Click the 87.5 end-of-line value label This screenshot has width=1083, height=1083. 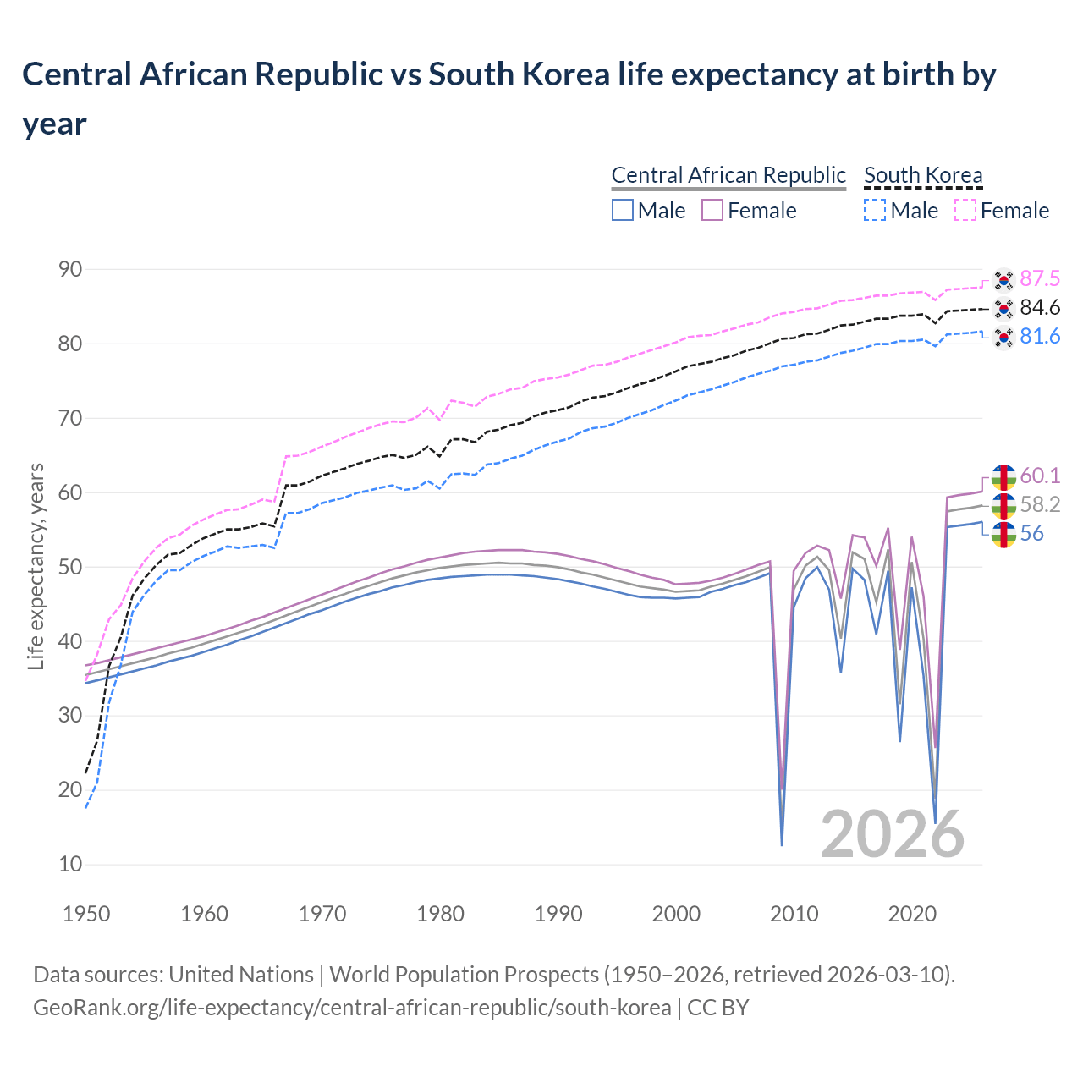(x=1039, y=279)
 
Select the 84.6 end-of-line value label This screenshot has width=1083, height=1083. (x=1039, y=308)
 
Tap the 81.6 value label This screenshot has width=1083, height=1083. (x=1039, y=337)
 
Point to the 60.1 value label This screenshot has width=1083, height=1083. (x=1039, y=476)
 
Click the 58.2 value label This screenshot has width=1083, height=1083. (x=1040, y=505)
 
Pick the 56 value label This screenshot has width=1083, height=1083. (x=1031, y=534)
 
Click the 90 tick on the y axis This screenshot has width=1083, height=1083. (x=70, y=270)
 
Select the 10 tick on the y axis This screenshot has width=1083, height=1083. (x=70, y=865)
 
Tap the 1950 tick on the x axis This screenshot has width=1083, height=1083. (x=86, y=914)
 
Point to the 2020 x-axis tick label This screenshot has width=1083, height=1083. (x=912, y=914)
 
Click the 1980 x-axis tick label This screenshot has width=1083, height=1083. (x=440, y=914)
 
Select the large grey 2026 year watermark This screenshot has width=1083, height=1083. (x=892, y=834)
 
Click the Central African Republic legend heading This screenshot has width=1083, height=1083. (x=728, y=175)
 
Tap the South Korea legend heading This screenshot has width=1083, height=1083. (x=923, y=175)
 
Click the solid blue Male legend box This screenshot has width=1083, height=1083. (x=623, y=210)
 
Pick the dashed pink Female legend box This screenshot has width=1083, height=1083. (x=965, y=210)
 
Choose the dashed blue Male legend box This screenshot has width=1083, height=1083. (x=875, y=210)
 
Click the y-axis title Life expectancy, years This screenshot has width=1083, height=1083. (x=36, y=566)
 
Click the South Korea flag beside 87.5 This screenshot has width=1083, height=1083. (x=1003, y=279)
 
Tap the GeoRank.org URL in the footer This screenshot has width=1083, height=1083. (x=351, y=1008)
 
